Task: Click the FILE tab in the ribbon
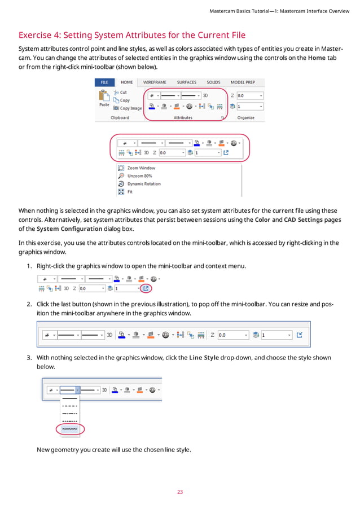click(104, 82)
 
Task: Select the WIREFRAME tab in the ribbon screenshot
click(154, 82)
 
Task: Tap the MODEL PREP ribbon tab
click(243, 82)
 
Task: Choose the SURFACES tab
click(186, 82)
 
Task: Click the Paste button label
click(104, 105)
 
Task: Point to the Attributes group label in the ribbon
click(183, 117)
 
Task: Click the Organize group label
click(245, 117)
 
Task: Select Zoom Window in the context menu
click(141, 168)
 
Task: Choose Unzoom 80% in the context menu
click(139, 176)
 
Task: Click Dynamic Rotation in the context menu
click(144, 184)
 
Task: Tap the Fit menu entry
click(130, 192)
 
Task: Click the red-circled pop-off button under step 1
click(146, 288)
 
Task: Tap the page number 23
click(180, 492)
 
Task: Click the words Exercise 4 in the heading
click(39, 35)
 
